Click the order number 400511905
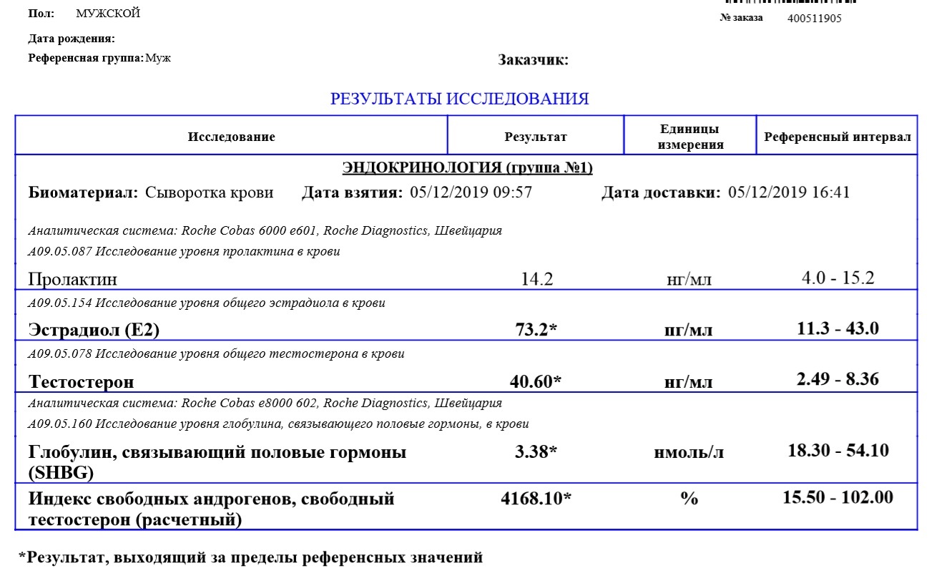tap(814, 19)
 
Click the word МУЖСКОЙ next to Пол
tap(108, 14)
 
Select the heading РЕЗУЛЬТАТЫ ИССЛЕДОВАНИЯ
tap(459, 99)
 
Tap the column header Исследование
tap(231, 137)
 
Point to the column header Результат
tap(536, 137)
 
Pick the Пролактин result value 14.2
tap(537, 279)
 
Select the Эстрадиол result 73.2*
tap(536, 329)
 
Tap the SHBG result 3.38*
tap(536, 452)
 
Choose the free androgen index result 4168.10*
tap(536, 499)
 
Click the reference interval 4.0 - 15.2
tap(838, 278)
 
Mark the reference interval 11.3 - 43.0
tap(838, 328)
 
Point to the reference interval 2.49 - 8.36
tap(838, 379)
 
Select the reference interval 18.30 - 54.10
tap(838, 451)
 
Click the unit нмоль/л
tap(689, 453)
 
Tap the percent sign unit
tap(689, 499)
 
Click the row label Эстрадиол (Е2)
tap(94, 330)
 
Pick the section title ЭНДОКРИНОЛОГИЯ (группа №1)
tap(468, 168)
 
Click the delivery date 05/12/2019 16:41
tap(788, 192)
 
